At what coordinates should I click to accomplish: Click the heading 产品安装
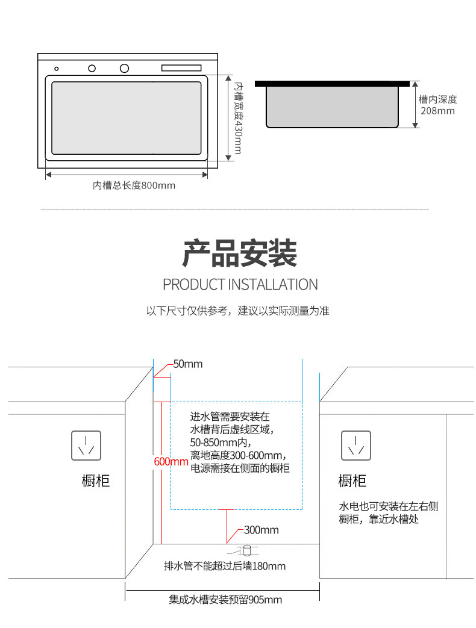click(240, 253)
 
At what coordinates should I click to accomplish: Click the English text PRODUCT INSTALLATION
click(240, 284)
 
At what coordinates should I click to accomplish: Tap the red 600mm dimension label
click(171, 462)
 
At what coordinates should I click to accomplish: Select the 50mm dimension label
click(188, 364)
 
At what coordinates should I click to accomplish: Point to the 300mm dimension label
click(261, 530)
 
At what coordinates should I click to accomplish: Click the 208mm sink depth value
click(437, 111)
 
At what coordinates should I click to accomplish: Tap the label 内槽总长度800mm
click(134, 185)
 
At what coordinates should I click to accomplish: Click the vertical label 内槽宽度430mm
click(238, 118)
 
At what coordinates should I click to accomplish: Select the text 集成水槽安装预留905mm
click(225, 600)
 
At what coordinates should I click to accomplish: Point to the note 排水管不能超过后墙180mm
click(225, 566)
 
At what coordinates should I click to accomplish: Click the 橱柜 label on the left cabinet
click(96, 481)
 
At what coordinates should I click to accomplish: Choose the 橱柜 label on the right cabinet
click(352, 481)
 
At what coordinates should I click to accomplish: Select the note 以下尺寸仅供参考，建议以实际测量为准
click(238, 311)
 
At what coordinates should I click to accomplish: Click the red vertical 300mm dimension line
click(227, 526)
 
